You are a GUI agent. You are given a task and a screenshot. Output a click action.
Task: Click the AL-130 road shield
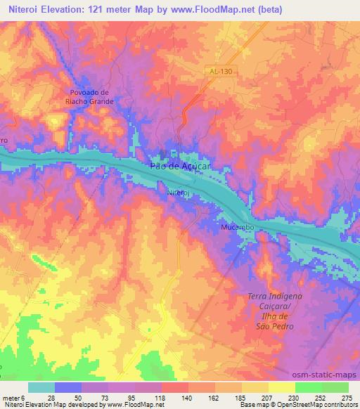219,72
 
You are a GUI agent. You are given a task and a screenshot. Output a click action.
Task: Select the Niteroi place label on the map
179,190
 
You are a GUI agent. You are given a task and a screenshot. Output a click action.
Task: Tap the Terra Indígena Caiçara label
274,306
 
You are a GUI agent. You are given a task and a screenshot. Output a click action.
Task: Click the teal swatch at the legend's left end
41,387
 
